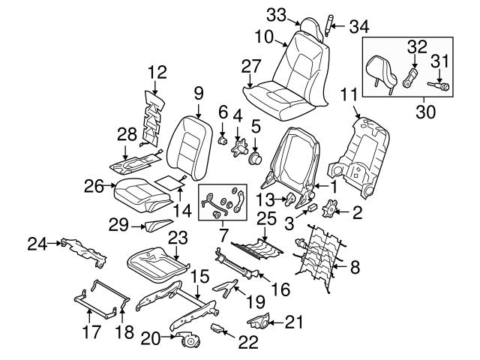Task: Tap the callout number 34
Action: point(359,28)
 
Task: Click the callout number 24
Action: point(37,242)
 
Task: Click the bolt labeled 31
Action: point(437,87)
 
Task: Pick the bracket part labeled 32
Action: point(409,78)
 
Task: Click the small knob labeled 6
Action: point(223,139)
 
